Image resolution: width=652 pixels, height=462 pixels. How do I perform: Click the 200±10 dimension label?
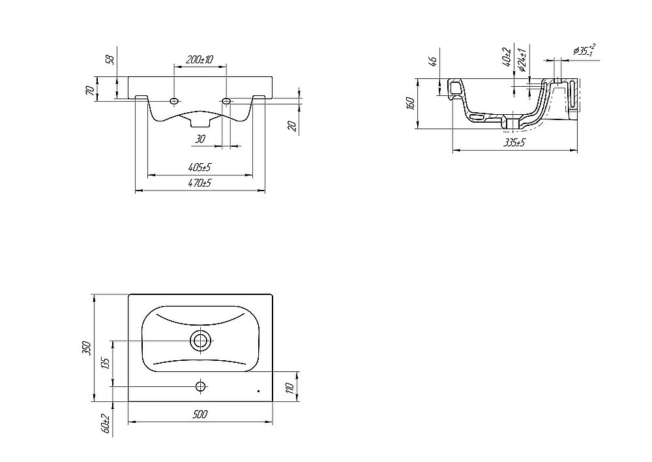200,59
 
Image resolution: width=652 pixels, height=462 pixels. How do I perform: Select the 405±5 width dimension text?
200,167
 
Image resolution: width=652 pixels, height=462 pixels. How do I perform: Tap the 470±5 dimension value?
200,183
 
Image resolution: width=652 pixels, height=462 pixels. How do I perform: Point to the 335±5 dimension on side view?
514,143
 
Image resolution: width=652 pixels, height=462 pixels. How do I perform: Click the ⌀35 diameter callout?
584,50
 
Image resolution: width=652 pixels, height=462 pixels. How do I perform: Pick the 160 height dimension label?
410,103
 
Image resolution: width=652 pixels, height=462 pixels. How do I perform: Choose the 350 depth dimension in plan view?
87,348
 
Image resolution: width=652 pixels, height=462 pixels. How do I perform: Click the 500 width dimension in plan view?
200,414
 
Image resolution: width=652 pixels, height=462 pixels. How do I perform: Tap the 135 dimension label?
105,363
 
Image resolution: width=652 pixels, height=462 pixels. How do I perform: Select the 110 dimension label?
291,388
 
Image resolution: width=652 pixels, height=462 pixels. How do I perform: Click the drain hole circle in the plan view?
201,341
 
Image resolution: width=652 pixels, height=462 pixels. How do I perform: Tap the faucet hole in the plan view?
201,386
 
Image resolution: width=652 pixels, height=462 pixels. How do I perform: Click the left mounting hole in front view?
174,100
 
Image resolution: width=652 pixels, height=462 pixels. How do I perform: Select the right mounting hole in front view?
226,100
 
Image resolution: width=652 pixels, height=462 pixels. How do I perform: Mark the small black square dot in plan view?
258,391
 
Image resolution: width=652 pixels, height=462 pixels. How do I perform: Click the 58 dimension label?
111,60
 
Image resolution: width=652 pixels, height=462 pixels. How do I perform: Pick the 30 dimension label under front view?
200,139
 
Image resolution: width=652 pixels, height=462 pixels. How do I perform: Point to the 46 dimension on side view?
433,61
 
